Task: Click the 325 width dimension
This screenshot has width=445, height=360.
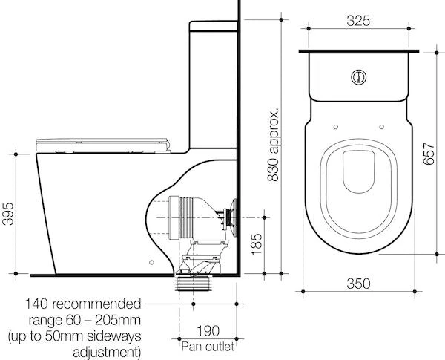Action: click(x=359, y=21)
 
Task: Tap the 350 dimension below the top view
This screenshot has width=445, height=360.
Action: click(x=359, y=284)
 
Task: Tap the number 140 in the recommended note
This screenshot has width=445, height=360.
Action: click(x=40, y=304)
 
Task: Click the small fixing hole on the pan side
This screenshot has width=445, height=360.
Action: click(x=151, y=261)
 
